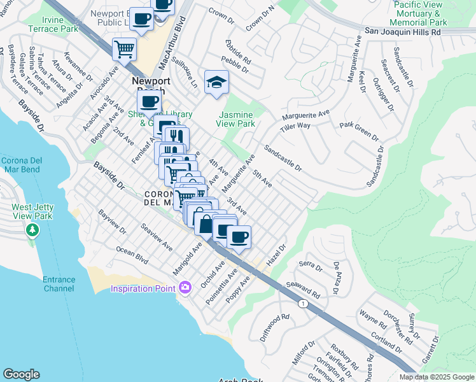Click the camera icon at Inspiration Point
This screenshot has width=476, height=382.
click(185, 288)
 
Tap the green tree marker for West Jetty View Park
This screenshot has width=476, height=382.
click(31, 227)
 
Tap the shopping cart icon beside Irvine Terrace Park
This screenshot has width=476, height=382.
click(124, 48)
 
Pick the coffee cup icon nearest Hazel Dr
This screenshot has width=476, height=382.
click(239, 237)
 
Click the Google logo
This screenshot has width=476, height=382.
click(22, 374)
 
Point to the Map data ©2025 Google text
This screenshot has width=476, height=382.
click(437, 377)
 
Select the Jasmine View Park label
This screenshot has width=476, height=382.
click(237, 119)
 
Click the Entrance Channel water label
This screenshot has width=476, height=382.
click(59, 284)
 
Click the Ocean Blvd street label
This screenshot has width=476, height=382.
click(132, 256)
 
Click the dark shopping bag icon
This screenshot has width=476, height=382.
click(206, 223)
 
